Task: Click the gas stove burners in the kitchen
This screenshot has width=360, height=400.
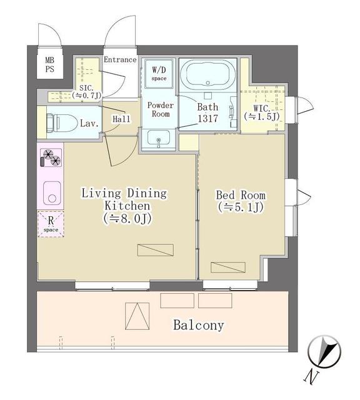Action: (51, 157)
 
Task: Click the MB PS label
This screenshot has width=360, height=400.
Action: (49, 65)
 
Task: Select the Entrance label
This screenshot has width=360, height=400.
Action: (119, 60)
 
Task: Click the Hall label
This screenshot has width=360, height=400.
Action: (121, 118)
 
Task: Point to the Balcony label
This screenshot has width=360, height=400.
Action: (198, 326)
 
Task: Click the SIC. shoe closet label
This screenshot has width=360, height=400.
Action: (85, 91)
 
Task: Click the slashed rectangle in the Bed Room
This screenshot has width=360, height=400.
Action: (223, 267)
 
